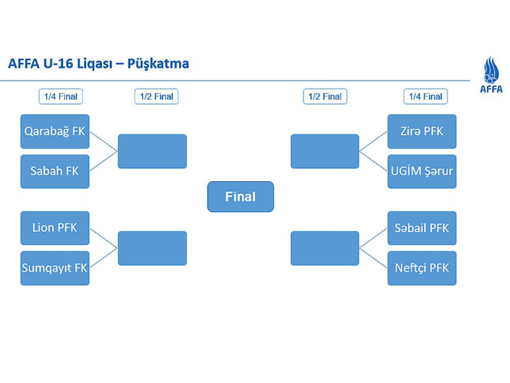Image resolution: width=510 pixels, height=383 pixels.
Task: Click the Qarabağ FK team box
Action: pyautogui.click(x=55, y=131)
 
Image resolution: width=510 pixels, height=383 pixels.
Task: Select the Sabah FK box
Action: pyautogui.click(x=55, y=171)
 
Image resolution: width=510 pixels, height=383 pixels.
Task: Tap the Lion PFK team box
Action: pyautogui.click(x=55, y=228)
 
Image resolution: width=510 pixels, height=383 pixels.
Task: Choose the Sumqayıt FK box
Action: pyautogui.click(x=55, y=268)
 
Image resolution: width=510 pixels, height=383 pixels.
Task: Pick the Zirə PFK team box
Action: pyautogui.click(x=422, y=131)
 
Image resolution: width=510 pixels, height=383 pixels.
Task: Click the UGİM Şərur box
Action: pyautogui.click(x=422, y=171)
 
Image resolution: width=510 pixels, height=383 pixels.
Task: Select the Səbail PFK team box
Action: pyautogui.click(x=422, y=228)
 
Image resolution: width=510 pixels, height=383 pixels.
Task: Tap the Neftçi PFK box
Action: pyautogui.click(x=422, y=268)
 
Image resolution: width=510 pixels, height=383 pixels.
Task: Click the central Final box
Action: pyautogui.click(x=240, y=197)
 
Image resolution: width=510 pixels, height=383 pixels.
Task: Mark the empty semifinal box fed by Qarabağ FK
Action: pyautogui.click(x=152, y=151)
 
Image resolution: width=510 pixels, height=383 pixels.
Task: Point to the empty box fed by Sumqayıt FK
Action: pyautogui.click(x=152, y=248)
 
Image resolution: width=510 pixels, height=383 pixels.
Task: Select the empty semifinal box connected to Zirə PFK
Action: pyautogui.click(x=325, y=151)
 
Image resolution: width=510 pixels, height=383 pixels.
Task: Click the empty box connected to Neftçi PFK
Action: pyautogui.click(x=325, y=248)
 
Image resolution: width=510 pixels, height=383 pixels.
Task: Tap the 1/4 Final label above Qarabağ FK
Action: pyautogui.click(x=61, y=97)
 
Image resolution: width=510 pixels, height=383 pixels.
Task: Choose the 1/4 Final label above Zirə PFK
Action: pyautogui.click(x=425, y=97)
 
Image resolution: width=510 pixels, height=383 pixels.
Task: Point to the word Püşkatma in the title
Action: pyautogui.click(x=158, y=64)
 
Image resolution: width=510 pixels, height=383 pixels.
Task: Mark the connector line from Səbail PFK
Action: pyautogui.click(x=373, y=238)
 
